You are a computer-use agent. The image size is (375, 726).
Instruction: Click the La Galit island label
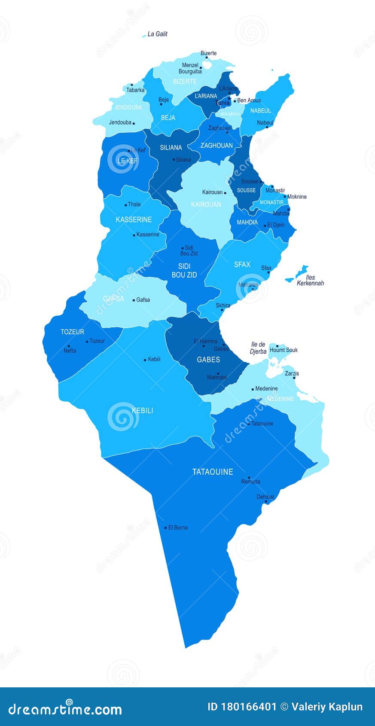tap(157, 34)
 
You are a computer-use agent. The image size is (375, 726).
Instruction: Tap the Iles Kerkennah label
tap(310, 281)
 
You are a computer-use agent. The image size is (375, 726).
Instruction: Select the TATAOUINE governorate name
tap(213, 472)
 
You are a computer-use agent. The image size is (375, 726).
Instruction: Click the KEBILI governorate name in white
tap(142, 410)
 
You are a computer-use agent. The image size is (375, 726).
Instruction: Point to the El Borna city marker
tap(165, 528)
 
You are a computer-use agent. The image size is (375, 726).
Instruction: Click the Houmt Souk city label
tap(284, 350)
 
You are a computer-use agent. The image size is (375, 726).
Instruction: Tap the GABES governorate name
tap(208, 360)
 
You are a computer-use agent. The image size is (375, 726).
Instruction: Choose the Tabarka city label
tap(135, 90)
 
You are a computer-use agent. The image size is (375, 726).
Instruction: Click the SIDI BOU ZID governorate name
tap(184, 270)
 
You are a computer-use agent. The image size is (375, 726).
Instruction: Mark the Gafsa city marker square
tap(134, 300)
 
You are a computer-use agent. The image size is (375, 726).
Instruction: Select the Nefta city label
tap(70, 351)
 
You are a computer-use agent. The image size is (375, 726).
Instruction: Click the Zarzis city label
tap(292, 373)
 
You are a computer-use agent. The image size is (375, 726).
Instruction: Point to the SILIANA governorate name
tap(171, 147)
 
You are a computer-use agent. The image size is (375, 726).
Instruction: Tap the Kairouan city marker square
tap(225, 193)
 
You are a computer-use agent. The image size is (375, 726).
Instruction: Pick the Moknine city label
tap(297, 197)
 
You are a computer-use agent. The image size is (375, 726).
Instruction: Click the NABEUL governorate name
tap(261, 111)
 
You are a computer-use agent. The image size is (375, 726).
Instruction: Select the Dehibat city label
tap(265, 497)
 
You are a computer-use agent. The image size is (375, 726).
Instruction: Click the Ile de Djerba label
tap(258, 348)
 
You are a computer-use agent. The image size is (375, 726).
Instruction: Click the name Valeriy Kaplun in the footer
tap(327, 707)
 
